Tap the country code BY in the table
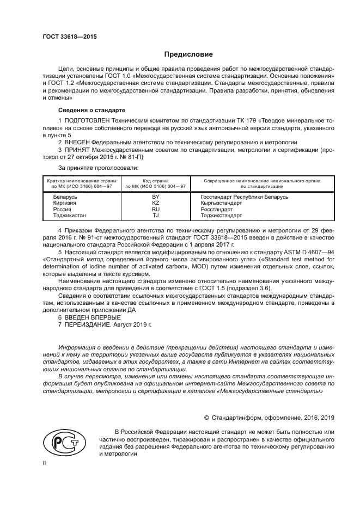click(155, 197)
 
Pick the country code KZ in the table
click(155, 203)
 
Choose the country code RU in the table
click(155, 209)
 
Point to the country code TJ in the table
click(155, 216)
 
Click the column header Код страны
click(155, 180)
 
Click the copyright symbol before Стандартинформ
click(206, 418)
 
